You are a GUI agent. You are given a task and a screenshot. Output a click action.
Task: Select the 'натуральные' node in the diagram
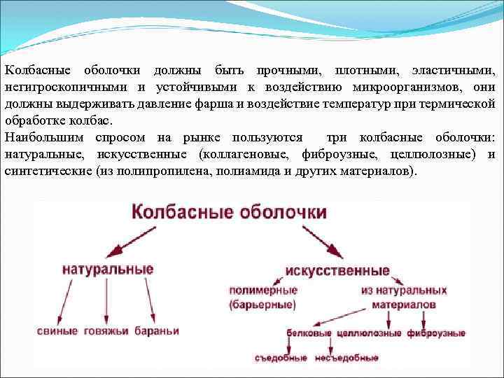pyautogui.click(x=108, y=269)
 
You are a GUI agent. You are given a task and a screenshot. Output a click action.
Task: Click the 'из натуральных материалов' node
pyautogui.click(x=404, y=297)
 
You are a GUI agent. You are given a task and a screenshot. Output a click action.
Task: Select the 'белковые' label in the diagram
pyautogui.click(x=309, y=334)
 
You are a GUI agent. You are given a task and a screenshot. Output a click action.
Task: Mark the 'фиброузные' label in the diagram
pyautogui.click(x=436, y=334)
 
